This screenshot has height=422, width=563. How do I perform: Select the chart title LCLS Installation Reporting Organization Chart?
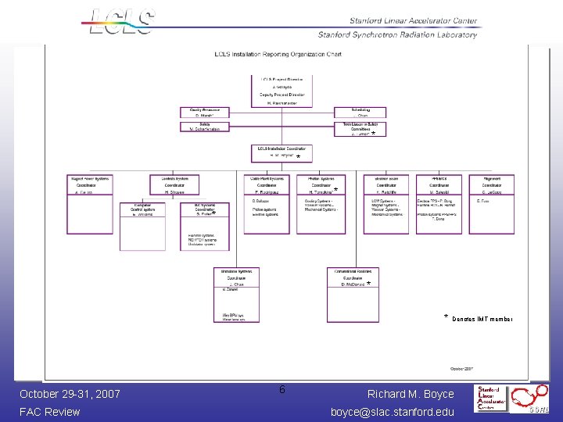pos(278,55)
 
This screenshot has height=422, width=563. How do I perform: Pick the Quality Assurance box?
pos(205,113)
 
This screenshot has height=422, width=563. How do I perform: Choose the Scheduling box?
pos(360,113)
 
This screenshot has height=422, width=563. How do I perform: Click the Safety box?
pos(205,126)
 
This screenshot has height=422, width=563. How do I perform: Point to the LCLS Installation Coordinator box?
pos(281,152)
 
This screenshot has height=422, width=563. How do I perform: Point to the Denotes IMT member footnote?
pos(479,319)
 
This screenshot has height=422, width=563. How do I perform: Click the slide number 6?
pos(282,390)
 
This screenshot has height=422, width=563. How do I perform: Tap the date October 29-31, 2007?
pos(70,394)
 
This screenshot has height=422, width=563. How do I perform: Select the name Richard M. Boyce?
pos(411,394)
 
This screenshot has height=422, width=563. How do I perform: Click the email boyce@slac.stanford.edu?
pos(392,411)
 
